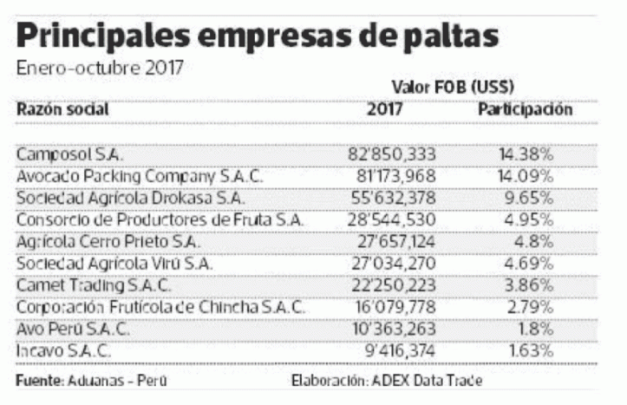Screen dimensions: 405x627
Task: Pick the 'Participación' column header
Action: point(526,111)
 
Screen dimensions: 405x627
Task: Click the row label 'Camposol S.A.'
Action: point(70,154)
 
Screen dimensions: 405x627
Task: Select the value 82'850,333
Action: point(391,154)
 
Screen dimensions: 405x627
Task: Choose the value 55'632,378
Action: point(392,198)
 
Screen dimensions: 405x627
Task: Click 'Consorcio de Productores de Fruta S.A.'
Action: point(160,219)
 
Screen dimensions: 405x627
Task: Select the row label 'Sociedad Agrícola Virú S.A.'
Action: point(114,263)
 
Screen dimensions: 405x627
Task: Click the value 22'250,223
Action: point(392,284)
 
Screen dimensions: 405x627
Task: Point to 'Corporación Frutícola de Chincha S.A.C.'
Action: point(161,307)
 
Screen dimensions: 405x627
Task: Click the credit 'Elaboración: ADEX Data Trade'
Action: point(389,382)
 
